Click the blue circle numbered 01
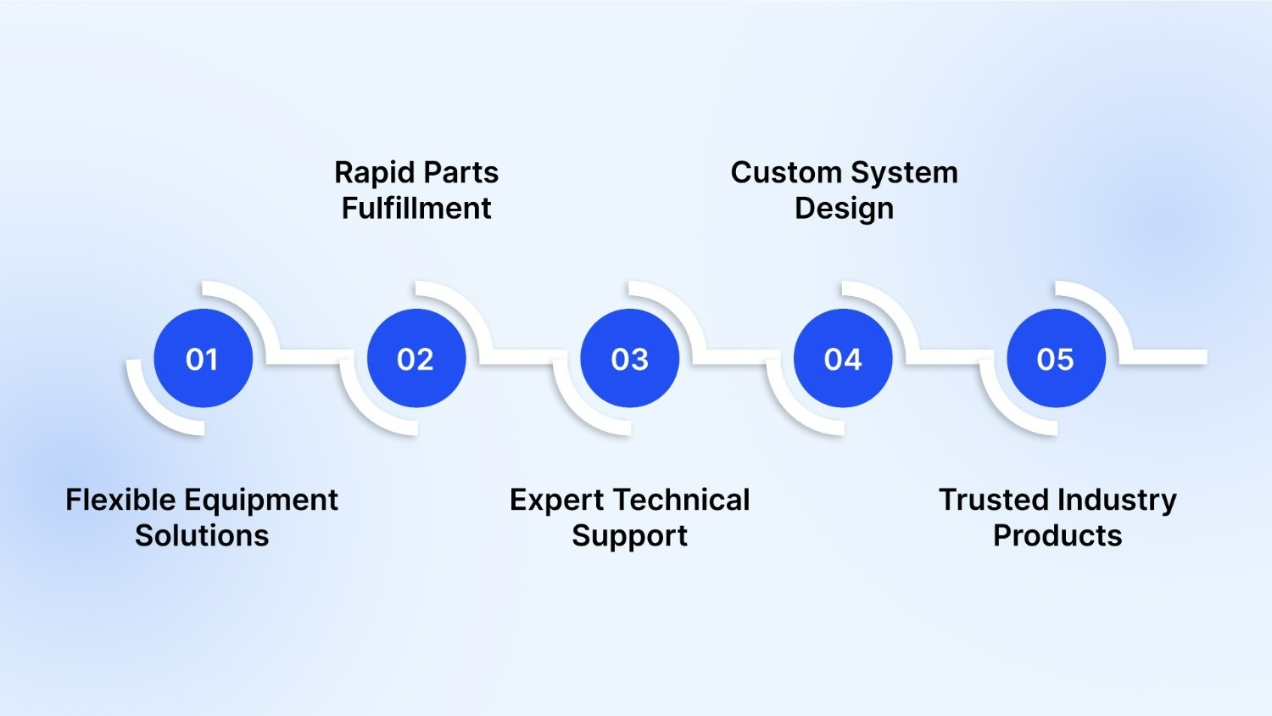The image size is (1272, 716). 203,359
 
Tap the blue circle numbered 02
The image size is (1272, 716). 416,359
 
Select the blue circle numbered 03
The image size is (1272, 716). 629,359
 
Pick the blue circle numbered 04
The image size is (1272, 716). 843,359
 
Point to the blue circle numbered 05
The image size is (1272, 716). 1056,359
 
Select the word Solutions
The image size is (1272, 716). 202,535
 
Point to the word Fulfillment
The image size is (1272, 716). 416,209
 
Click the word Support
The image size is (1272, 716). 629,537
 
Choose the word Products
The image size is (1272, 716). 1057,535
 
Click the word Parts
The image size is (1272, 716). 462,173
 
